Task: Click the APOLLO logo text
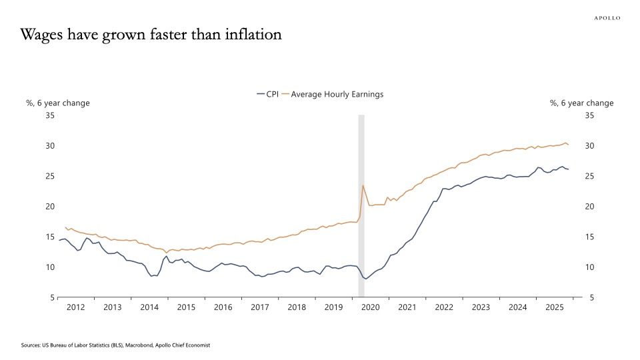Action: pyautogui.click(x=607, y=18)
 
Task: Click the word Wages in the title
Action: pyautogui.click(x=45, y=35)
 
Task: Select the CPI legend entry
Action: pyautogui.click(x=267, y=94)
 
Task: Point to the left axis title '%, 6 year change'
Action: pyautogui.click(x=58, y=103)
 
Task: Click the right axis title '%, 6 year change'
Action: pyautogui.click(x=581, y=103)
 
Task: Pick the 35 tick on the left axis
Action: pyautogui.click(x=50, y=115)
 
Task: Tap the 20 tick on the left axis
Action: pyautogui.click(x=50, y=207)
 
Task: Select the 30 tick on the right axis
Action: pyautogui.click(x=589, y=146)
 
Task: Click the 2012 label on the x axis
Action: pyautogui.click(x=75, y=307)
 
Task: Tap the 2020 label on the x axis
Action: pyautogui.click(x=370, y=307)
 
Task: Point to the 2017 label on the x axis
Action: pyautogui.click(x=260, y=307)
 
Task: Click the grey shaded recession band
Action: pyautogui.click(x=361, y=200)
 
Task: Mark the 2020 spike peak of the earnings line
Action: pyautogui.click(x=363, y=185)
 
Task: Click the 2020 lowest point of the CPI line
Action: pyautogui.click(x=365, y=279)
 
